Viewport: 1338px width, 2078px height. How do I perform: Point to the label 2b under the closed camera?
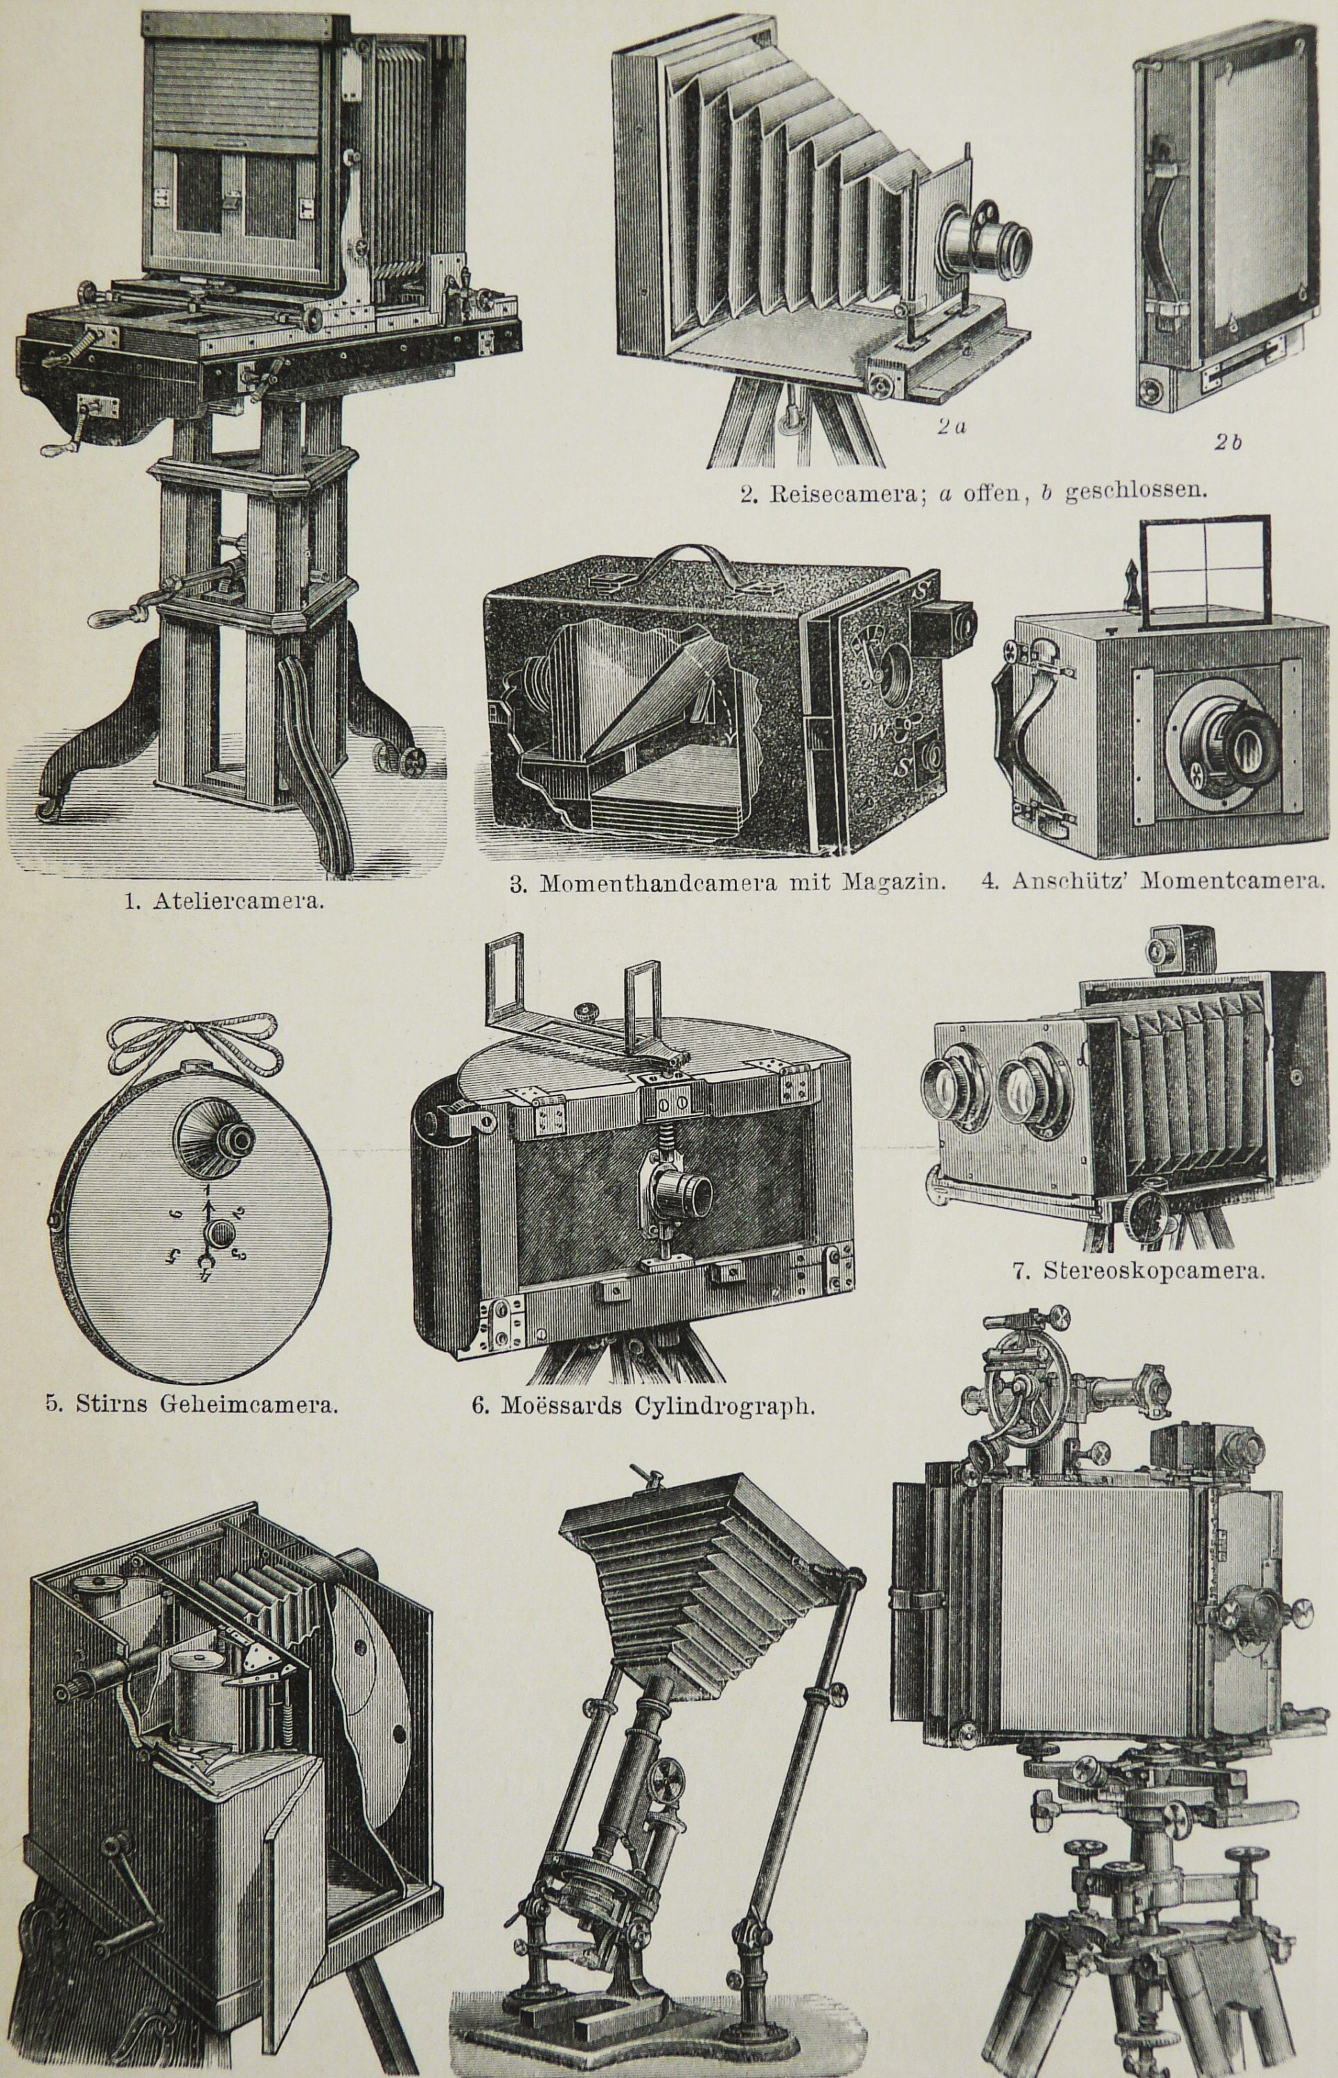1228,442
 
